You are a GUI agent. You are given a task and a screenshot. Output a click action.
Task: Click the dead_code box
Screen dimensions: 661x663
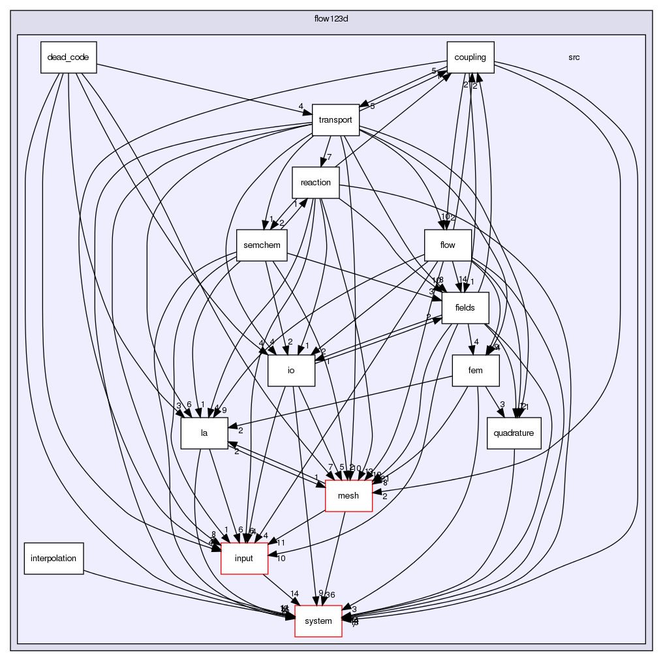pyautogui.click(x=68, y=57)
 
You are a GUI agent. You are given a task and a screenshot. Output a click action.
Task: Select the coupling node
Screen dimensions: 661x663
pyautogui.click(x=470, y=57)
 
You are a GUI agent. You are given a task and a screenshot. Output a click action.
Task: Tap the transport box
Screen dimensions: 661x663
pyautogui.click(x=336, y=119)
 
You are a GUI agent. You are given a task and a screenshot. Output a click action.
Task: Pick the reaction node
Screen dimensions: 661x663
pyautogui.click(x=315, y=182)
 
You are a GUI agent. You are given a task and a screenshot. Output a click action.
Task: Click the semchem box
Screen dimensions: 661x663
pyautogui.click(x=261, y=245)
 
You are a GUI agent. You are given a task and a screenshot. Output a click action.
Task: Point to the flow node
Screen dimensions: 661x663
pyautogui.click(x=448, y=245)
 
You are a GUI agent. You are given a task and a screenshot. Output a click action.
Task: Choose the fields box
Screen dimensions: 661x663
pyautogui.click(x=465, y=307)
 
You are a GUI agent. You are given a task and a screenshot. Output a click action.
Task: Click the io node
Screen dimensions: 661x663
pyautogui.click(x=291, y=370)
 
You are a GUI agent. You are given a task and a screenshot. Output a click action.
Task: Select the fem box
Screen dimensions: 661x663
pyautogui.click(x=475, y=370)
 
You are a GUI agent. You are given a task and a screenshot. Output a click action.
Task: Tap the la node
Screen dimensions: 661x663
pyautogui.click(x=204, y=433)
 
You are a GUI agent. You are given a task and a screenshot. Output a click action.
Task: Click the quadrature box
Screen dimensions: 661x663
pyautogui.click(x=514, y=433)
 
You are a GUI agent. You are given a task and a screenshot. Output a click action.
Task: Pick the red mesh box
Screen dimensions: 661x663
pyautogui.click(x=348, y=495)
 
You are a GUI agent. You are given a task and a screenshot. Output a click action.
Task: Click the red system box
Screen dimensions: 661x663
pyautogui.click(x=318, y=621)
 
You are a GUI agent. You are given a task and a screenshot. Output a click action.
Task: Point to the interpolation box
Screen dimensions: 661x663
pyautogui.click(x=54, y=558)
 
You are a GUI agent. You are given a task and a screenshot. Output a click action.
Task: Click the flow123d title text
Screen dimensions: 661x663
pyautogui.click(x=331, y=16)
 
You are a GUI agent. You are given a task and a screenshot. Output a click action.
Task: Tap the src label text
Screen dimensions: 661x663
pyautogui.click(x=574, y=57)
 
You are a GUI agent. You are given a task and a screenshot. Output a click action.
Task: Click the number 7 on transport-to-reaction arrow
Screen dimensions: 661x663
pyautogui.click(x=330, y=157)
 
